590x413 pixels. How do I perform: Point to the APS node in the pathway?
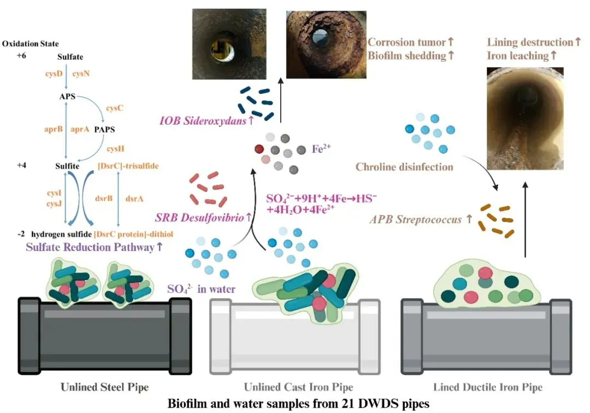pyautogui.click(x=68, y=97)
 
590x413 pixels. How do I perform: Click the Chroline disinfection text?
pyautogui.click(x=404, y=167)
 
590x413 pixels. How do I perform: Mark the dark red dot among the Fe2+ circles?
pyautogui.click(x=260, y=148)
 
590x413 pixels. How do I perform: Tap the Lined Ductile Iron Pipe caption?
pyautogui.click(x=487, y=388)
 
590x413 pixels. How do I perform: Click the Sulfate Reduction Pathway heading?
pyautogui.click(x=94, y=247)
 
